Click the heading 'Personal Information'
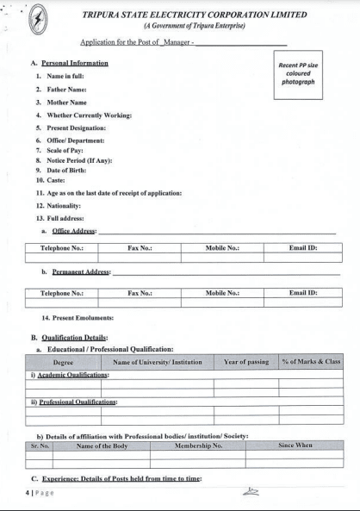click(x=76, y=64)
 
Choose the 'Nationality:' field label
click(x=64, y=206)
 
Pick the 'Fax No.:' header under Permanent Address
click(x=140, y=293)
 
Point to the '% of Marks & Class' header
click(x=311, y=362)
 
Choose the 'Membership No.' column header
click(x=199, y=446)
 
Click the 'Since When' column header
click(x=295, y=446)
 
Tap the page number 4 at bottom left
click(x=28, y=493)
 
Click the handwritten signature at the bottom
click(x=251, y=491)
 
